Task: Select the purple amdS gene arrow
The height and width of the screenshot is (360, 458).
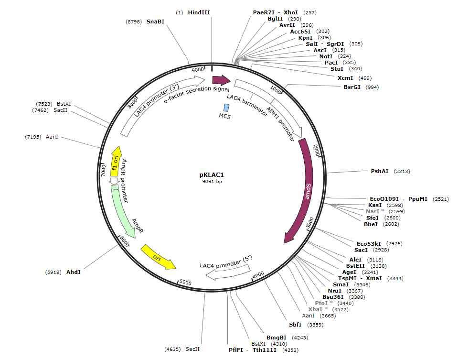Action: pos(308,191)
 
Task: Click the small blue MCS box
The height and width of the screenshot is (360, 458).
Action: pos(226,108)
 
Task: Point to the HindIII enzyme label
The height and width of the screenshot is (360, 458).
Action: pos(199,12)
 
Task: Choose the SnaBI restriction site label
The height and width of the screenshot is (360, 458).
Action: pos(155,22)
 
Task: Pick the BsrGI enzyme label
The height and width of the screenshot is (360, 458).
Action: pos(352,87)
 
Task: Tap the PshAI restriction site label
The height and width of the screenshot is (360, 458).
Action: pos(380,171)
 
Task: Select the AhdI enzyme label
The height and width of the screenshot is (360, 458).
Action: pos(74,272)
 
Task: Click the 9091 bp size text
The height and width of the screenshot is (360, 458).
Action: pos(212,182)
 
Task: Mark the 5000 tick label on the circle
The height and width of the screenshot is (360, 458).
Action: pos(185,282)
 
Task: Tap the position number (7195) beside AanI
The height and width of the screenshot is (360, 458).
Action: pos(33,137)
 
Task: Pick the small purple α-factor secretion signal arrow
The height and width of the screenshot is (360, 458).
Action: pos(221,80)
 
